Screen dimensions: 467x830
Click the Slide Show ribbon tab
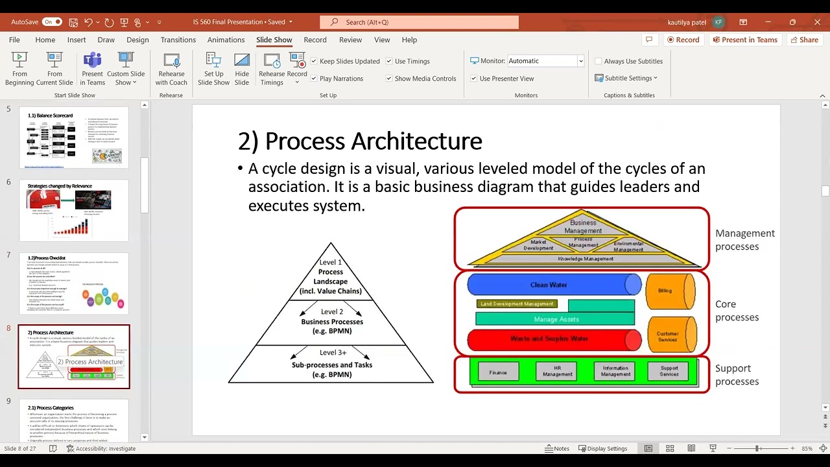[274, 40]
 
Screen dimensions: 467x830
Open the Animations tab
[226, 40]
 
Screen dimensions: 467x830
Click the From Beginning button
[20, 69]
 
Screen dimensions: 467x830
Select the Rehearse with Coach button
[171, 69]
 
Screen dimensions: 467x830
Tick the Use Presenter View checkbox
[473, 78]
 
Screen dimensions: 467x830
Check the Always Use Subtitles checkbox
[599, 61]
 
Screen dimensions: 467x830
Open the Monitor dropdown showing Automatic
[545, 61]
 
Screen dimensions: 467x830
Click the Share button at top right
[803, 40]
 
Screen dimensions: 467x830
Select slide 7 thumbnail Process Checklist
[74, 283]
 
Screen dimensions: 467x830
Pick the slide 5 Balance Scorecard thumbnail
[74, 138]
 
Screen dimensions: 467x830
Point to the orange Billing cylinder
[669, 291]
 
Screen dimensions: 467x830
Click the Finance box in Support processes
[498, 372]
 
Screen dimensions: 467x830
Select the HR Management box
[557, 371]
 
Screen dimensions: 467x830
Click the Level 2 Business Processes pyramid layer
[331, 322]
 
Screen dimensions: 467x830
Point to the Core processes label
[737, 311]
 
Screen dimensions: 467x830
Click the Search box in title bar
[419, 22]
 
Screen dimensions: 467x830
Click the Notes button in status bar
[557, 449]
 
